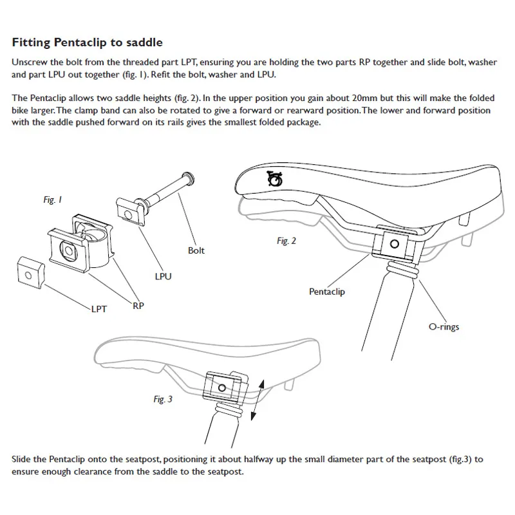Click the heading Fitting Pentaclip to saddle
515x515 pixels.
tap(88, 43)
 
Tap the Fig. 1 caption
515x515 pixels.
tap(52, 200)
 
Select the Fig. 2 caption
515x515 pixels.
tap(286, 241)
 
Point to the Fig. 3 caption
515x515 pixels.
tap(163, 399)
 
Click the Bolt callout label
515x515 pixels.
tap(196, 250)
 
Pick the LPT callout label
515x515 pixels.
tap(97, 309)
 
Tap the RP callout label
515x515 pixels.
tap(138, 306)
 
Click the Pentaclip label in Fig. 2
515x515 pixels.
tap(328, 292)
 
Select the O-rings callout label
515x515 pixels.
tap(444, 326)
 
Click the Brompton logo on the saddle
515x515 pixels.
tap(275, 178)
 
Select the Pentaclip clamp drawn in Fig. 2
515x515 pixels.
tap(391, 244)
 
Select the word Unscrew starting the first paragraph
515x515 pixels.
tap(30, 63)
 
